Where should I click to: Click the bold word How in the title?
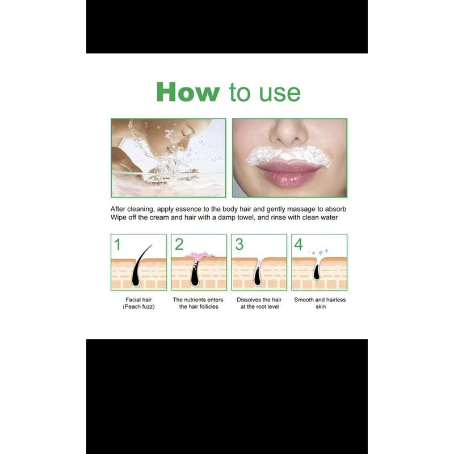click(188, 92)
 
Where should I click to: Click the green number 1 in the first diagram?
click(117, 245)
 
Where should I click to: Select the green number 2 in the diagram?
click(179, 245)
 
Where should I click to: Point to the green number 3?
click(239, 245)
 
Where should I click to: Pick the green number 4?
click(299, 245)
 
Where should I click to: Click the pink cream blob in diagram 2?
click(200, 255)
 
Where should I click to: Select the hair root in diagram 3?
click(257, 276)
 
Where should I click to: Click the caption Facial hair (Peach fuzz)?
click(138, 303)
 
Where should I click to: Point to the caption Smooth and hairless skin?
click(320, 303)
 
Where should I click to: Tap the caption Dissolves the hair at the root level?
click(259, 303)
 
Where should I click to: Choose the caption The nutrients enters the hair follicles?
click(198, 303)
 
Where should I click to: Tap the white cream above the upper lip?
click(289, 155)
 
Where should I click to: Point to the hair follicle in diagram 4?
click(317, 272)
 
